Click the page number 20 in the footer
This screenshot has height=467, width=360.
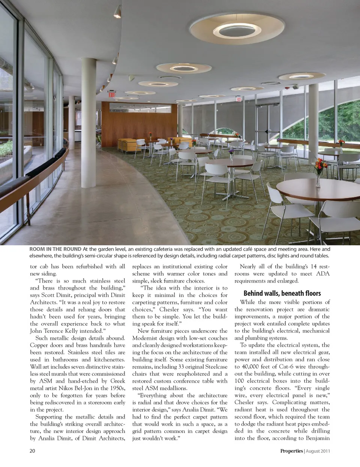coord(32,451)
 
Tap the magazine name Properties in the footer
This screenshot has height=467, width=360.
coord(291,451)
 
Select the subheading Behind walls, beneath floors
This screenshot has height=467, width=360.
coord(282,293)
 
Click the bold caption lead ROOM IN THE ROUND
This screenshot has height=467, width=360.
coord(55,249)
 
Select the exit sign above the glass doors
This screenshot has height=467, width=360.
coord(238,99)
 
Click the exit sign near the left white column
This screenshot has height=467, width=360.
coord(112,94)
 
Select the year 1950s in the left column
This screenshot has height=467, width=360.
coord(115,388)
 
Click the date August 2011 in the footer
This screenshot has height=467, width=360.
coord(318,451)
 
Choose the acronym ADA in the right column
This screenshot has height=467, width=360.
coord(322,274)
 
